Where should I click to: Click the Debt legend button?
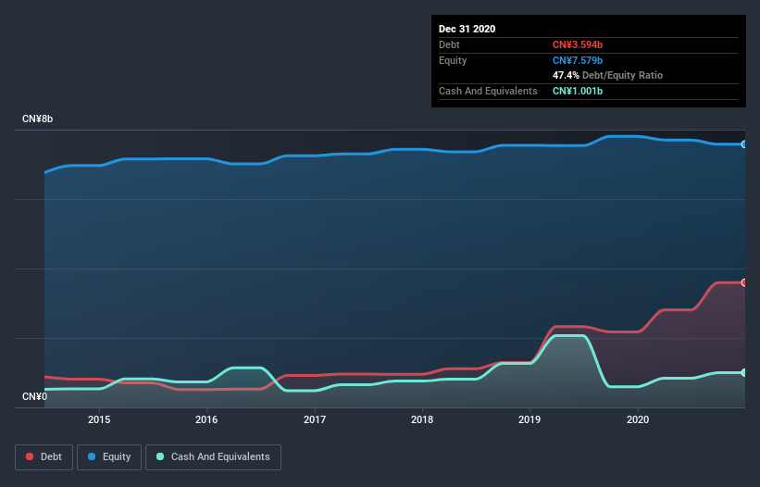(44, 456)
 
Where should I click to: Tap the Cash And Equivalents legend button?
(213, 456)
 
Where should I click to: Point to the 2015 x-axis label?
(99, 419)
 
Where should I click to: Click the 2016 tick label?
(206, 419)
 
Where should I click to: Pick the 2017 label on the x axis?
(315, 419)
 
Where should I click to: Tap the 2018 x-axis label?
(422, 419)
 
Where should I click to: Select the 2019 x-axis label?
(530, 419)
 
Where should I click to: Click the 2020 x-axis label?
(638, 419)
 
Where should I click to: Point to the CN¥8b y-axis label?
(38, 119)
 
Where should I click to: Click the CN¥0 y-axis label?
(34, 397)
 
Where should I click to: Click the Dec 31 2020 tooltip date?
(467, 29)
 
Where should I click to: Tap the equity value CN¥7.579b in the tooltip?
(579, 60)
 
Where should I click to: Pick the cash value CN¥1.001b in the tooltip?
(579, 91)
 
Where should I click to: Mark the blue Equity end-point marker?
(744, 144)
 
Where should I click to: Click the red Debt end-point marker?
(744, 282)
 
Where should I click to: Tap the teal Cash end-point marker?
(744, 372)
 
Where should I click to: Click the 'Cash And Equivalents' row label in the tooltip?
(488, 91)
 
